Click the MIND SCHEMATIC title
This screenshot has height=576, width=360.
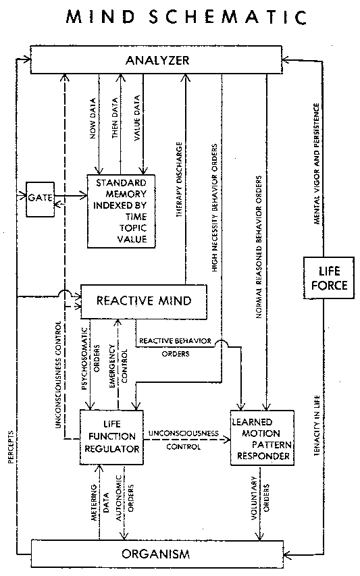(x=180, y=17)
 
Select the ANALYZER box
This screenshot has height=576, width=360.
(x=157, y=61)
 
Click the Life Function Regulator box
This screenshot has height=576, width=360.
(x=111, y=436)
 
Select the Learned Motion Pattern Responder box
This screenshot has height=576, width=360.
(x=263, y=437)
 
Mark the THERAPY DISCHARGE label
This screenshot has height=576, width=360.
(x=180, y=179)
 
